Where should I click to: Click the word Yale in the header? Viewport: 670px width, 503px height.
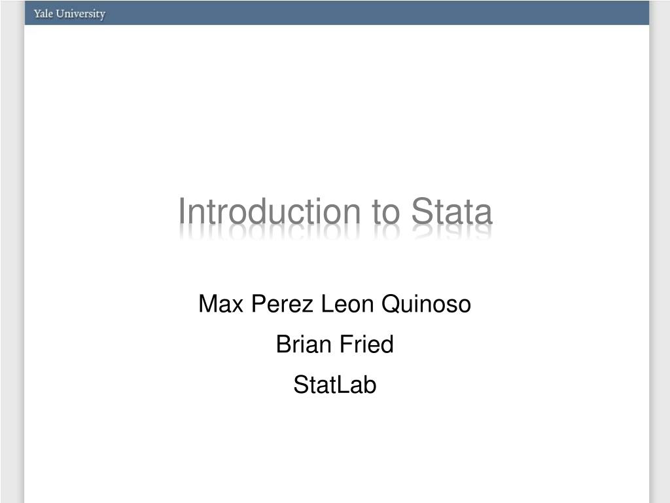tap(43, 14)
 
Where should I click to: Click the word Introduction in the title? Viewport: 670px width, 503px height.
tap(269, 213)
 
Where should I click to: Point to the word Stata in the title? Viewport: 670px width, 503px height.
tap(451, 213)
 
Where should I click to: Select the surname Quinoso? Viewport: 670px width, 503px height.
tap(426, 304)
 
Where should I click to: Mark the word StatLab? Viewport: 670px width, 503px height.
tap(335, 384)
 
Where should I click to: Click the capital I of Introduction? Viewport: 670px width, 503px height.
tap(182, 213)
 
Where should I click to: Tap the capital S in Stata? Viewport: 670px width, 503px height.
tap(419, 213)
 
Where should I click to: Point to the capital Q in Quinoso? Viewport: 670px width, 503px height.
tap(389, 305)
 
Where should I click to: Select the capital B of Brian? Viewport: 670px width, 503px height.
tap(283, 344)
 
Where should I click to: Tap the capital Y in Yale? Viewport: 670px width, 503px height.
tap(37, 14)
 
